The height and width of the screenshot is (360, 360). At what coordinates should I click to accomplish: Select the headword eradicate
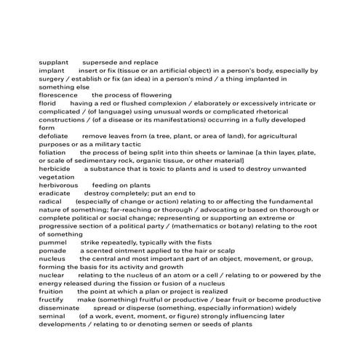[55, 193]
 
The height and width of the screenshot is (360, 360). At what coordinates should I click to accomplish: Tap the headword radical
[50, 201]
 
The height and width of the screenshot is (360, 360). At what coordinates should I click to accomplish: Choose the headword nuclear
[51, 275]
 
